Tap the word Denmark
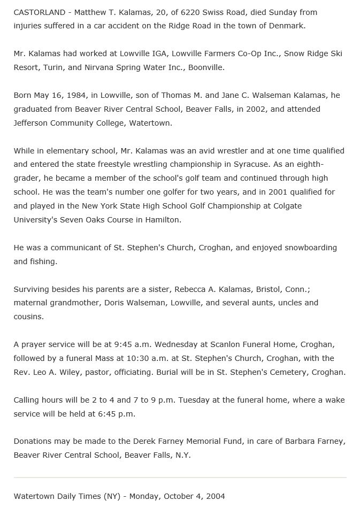click(286, 26)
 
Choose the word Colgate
click(287, 206)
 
